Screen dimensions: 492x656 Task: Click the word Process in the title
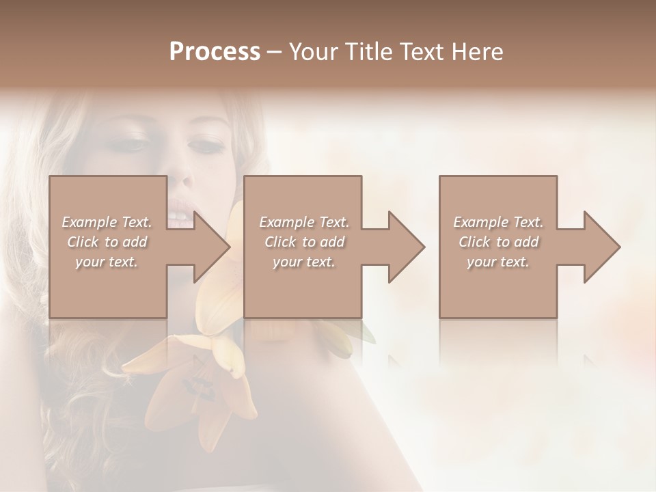click(215, 52)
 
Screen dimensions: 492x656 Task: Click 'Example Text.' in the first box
click(107, 222)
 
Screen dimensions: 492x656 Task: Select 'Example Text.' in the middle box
click(303, 222)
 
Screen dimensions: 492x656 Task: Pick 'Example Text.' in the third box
click(497, 222)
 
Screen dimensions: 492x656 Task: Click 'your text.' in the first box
click(107, 262)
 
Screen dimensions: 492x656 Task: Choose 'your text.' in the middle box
click(303, 262)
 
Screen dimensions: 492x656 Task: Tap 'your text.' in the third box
click(497, 262)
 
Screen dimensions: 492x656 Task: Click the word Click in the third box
click(474, 242)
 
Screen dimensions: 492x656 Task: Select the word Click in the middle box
click(280, 242)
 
